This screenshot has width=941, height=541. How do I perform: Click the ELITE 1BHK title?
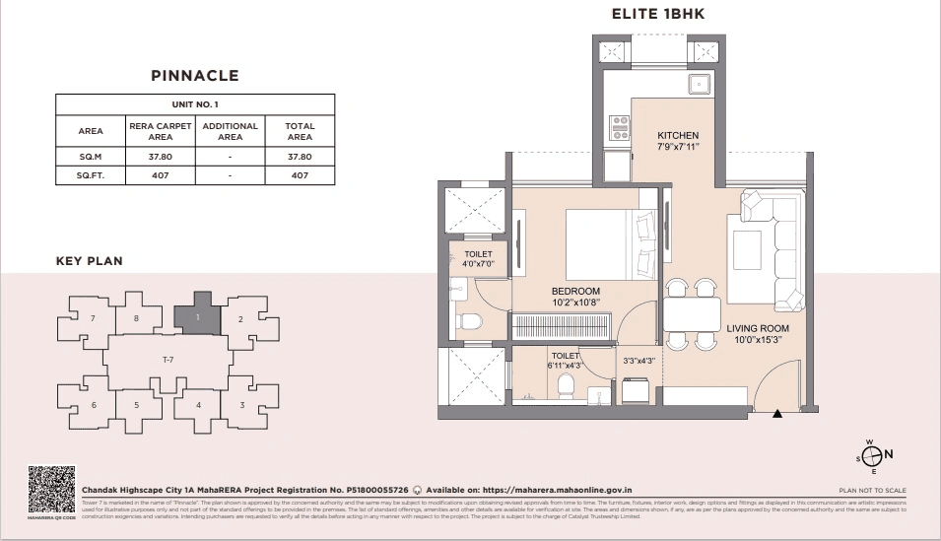[x=657, y=14]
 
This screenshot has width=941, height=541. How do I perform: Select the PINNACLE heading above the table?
[x=194, y=75]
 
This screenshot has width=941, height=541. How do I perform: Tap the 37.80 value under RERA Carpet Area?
[x=152, y=157]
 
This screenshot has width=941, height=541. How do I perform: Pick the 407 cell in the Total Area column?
[x=300, y=175]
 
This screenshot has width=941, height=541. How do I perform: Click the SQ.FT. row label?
[x=91, y=175]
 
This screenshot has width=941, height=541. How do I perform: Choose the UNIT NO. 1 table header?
[x=194, y=104]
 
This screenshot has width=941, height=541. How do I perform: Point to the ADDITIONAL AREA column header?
[x=230, y=131]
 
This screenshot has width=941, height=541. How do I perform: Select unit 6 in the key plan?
[x=94, y=405]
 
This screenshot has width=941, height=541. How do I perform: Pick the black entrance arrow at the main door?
[x=777, y=413]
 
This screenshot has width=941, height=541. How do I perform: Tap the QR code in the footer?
[x=51, y=490]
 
